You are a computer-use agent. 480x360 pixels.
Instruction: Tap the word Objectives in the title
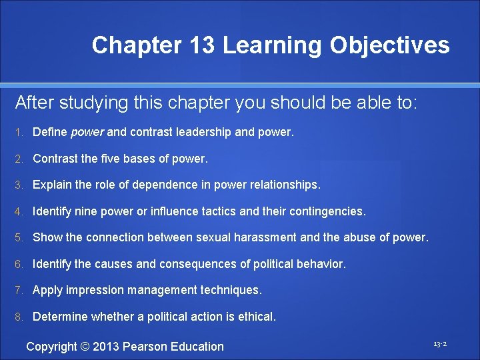(389, 45)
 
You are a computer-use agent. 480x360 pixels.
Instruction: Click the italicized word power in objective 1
(87, 132)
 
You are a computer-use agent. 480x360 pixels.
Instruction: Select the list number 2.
(20, 159)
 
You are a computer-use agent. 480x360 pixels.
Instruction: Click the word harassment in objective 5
(253, 237)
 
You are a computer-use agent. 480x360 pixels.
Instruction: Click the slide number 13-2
(439, 344)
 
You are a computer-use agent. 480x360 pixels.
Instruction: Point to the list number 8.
(20, 317)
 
